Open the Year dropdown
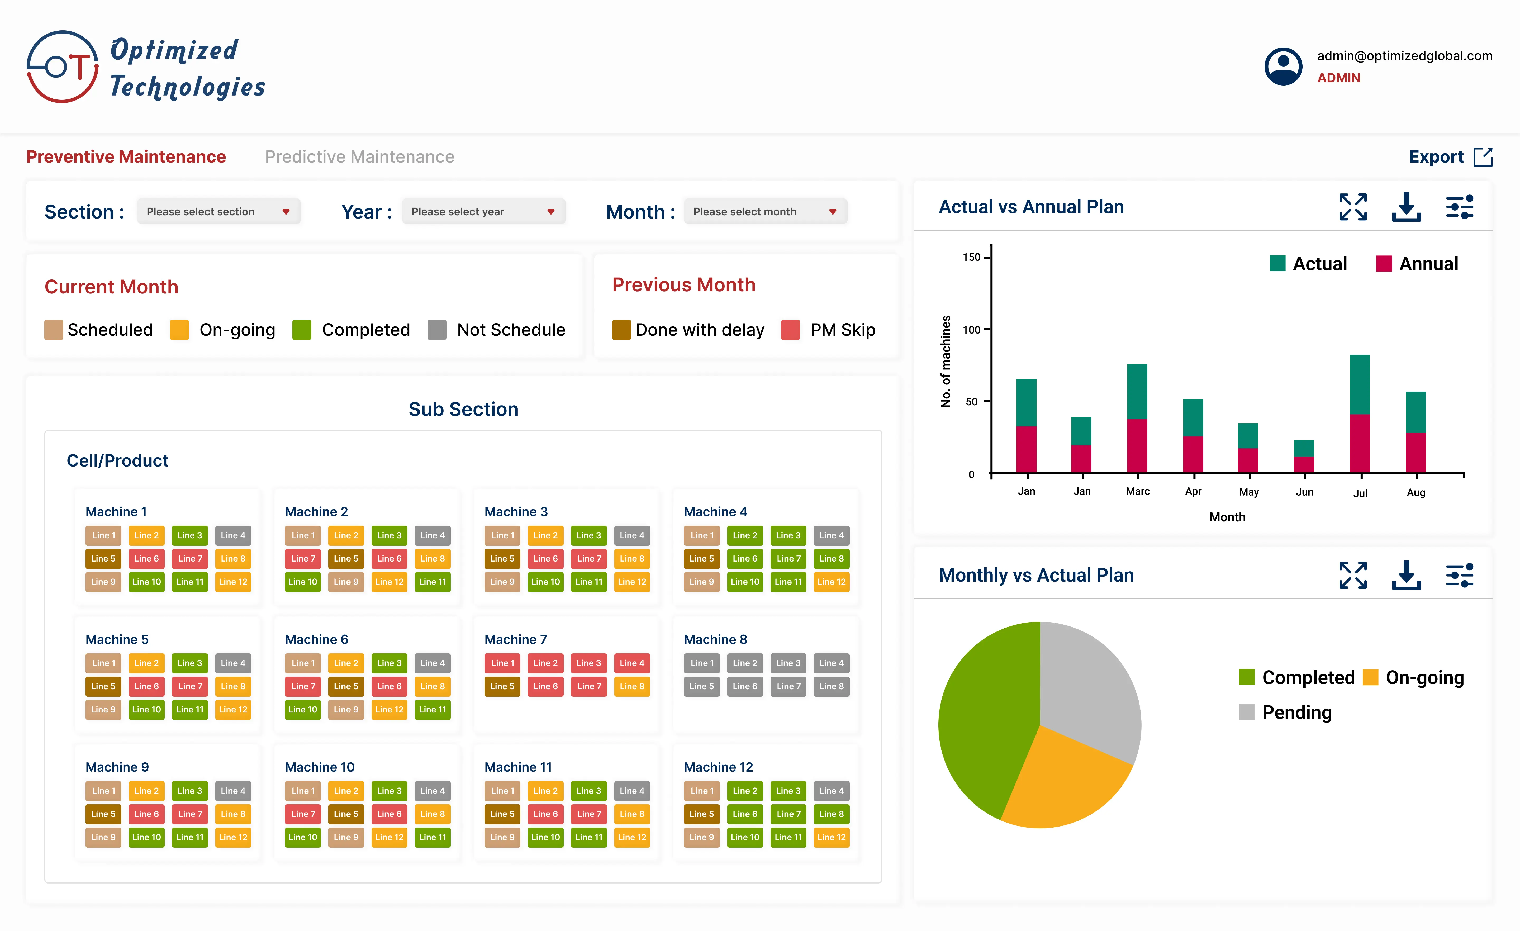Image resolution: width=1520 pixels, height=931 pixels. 483,212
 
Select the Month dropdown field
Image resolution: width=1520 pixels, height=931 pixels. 765,212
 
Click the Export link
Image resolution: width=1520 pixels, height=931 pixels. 1450,157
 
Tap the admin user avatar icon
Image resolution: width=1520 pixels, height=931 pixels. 1283,67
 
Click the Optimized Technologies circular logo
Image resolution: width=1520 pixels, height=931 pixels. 62,67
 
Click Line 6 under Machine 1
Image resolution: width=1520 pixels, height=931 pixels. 146,558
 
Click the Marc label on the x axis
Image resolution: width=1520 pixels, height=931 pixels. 1138,491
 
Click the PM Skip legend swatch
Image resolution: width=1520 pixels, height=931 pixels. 790,330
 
